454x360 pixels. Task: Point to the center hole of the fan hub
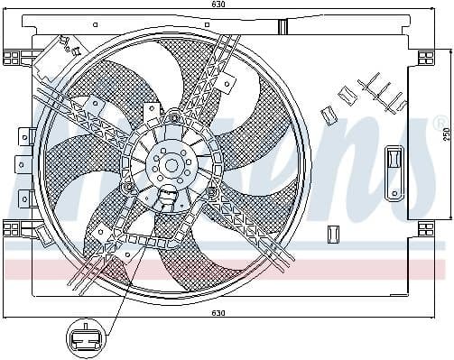pos(170,164)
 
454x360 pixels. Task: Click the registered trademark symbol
pos(440,122)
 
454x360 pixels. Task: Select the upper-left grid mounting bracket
pos(13,58)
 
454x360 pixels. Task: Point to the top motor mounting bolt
pos(173,117)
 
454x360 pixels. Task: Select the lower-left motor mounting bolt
pos(130,187)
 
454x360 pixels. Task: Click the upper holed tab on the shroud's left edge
pos(22,135)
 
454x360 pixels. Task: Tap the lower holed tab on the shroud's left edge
pos(22,164)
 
